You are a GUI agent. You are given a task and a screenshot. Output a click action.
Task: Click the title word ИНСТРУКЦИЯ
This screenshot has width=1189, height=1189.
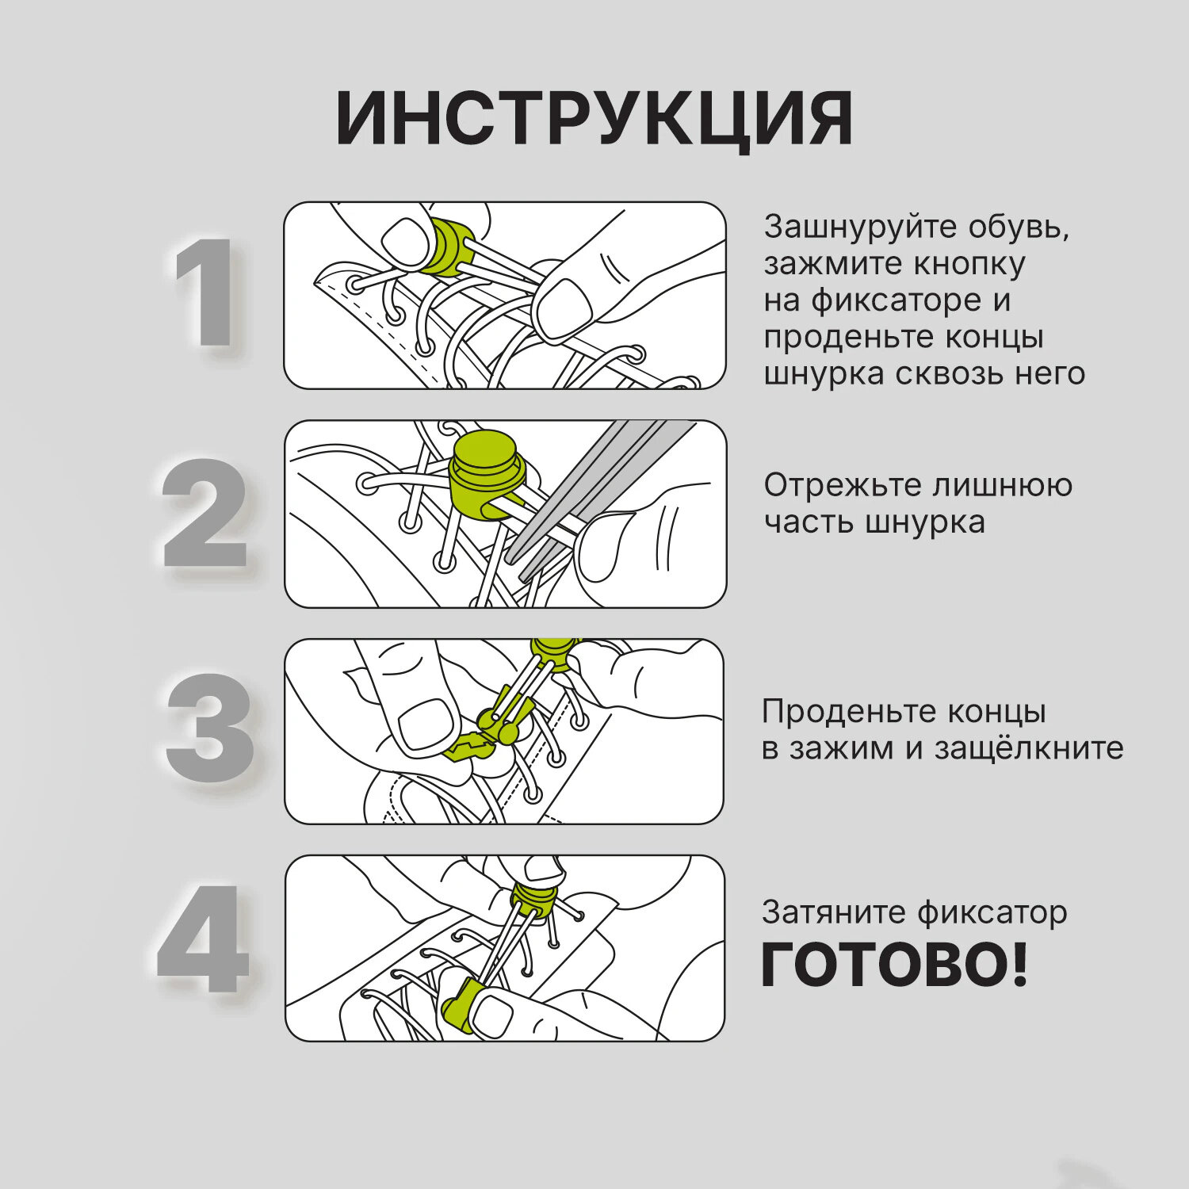(x=594, y=120)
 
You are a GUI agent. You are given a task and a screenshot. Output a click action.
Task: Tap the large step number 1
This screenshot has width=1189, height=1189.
(x=205, y=292)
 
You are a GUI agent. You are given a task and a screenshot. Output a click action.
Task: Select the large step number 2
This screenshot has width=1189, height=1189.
(x=205, y=513)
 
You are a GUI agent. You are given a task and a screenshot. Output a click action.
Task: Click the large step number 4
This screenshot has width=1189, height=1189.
(x=204, y=939)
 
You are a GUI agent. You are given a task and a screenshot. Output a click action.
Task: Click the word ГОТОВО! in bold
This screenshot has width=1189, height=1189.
(x=894, y=965)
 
